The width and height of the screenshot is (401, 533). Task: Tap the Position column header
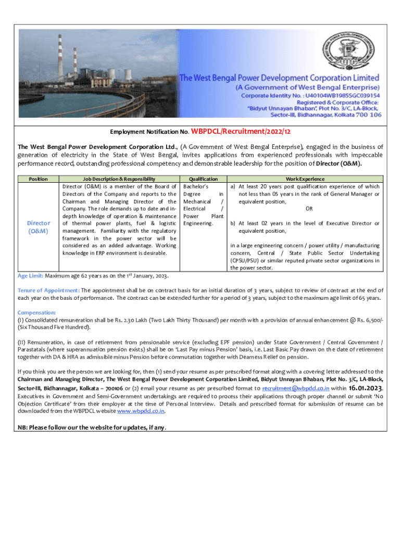38,179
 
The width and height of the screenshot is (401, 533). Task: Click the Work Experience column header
305,179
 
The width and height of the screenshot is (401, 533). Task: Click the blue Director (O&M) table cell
38,227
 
